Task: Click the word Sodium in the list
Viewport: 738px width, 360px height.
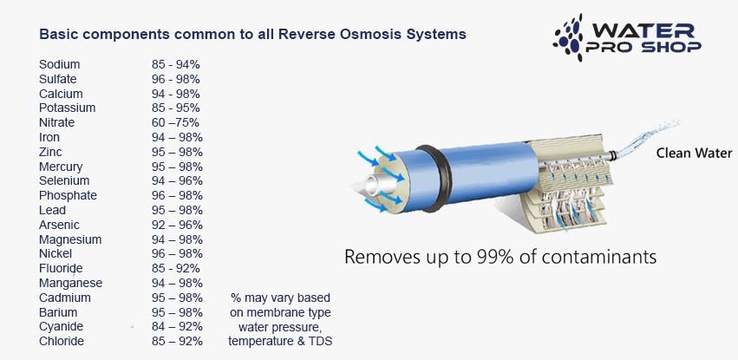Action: pyautogui.click(x=59, y=64)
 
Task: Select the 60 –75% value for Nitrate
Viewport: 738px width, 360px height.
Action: pyautogui.click(x=175, y=123)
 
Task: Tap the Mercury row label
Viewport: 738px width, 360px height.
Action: pyautogui.click(x=61, y=167)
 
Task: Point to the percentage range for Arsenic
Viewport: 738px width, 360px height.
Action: pyautogui.click(x=177, y=225)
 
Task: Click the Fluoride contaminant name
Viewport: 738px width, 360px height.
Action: pyautogui.click(x=61, y=268)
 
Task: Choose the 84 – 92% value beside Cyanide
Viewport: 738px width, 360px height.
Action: pyautogui.click(x=177, y=326)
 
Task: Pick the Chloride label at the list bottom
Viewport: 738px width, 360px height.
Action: pyautogui.click(x=62, y=341)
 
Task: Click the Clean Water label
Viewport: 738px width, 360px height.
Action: pyautogui.click(x=695, y=154)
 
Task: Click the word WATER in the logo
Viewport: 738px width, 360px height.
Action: pyautogui.click(x=643, y=29)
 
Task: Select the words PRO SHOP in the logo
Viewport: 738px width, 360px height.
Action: pyautogui.click(x=643, y=47)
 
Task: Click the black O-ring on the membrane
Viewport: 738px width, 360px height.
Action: pyautogui.click(x=434, y=178)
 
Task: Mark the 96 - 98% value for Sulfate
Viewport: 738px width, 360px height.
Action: pyautogui.click(x=175, y=79)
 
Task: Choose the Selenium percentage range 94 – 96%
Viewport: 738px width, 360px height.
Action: pyautogui.click(x=177, y=181)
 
